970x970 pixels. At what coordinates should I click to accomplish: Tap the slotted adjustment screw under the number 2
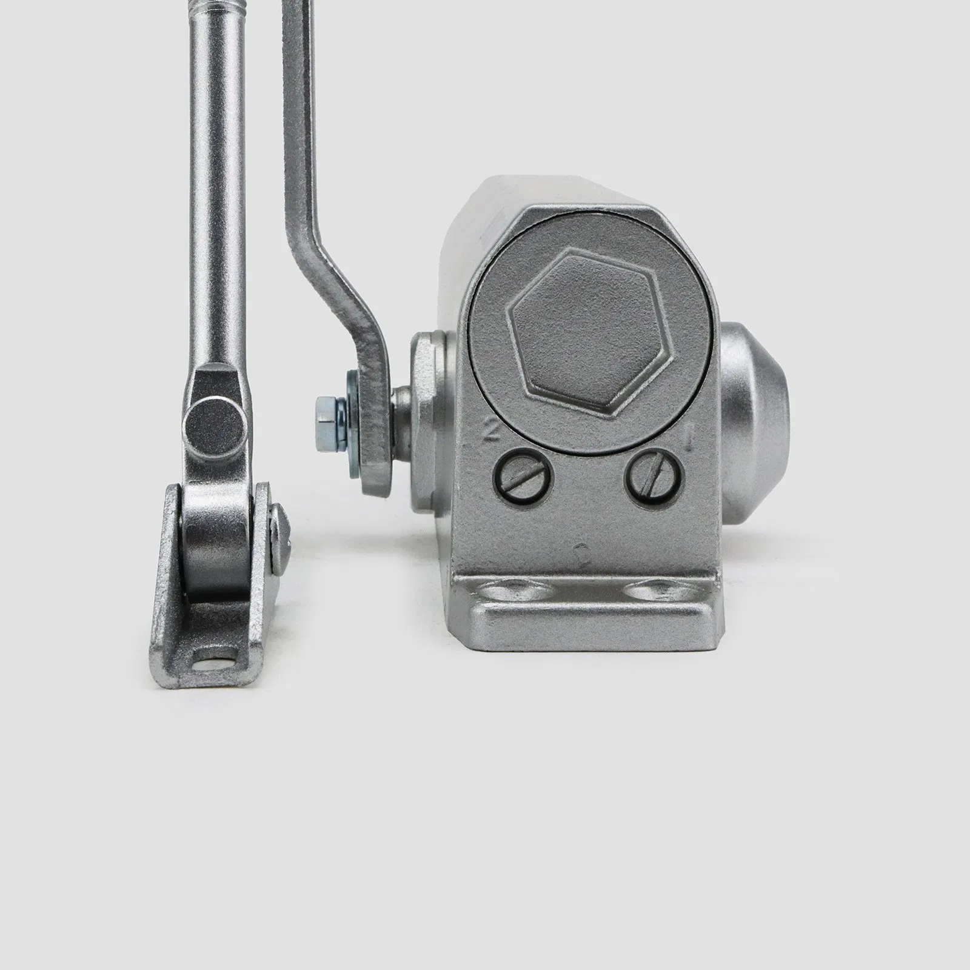(x=525, y=480)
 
